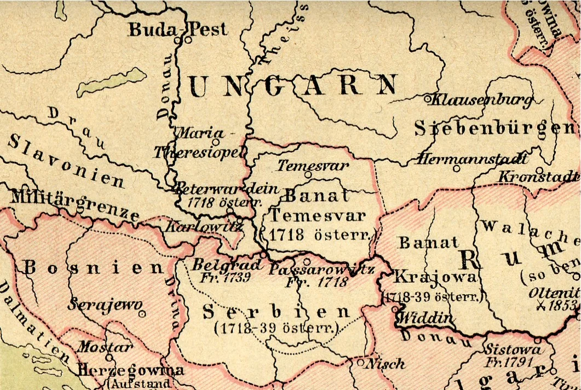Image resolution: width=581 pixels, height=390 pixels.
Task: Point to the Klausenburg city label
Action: (483, 100)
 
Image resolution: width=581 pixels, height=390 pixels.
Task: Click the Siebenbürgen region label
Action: (496, 128)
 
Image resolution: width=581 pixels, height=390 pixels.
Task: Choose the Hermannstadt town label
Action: (473, 159)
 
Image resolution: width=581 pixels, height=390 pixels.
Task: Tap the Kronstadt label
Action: (539, 177)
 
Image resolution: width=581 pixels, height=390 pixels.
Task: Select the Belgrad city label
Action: (223, 265)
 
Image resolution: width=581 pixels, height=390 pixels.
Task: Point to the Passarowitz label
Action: (321, 269)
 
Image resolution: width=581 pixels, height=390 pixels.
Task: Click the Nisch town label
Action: (387, 363)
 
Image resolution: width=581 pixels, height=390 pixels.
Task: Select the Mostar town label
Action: (104, 347)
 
